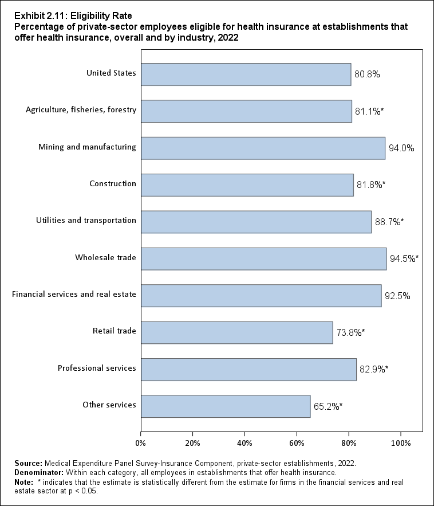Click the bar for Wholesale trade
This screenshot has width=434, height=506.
263,258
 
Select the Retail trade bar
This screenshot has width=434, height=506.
236,332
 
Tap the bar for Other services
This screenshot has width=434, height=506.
226,406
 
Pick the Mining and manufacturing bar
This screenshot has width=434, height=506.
263,148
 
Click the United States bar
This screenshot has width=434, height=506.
246,74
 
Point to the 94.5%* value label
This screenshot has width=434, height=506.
404,259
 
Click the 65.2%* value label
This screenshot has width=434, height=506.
328,406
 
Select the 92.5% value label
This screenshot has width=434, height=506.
397,296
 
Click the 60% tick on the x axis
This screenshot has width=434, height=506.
297,442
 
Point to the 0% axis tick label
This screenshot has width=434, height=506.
140,442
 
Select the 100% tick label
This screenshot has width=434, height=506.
400,442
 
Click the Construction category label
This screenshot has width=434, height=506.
113,184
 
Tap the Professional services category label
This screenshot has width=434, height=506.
97,368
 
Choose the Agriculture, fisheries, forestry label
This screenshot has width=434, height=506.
81,110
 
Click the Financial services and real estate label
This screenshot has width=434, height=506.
74,295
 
